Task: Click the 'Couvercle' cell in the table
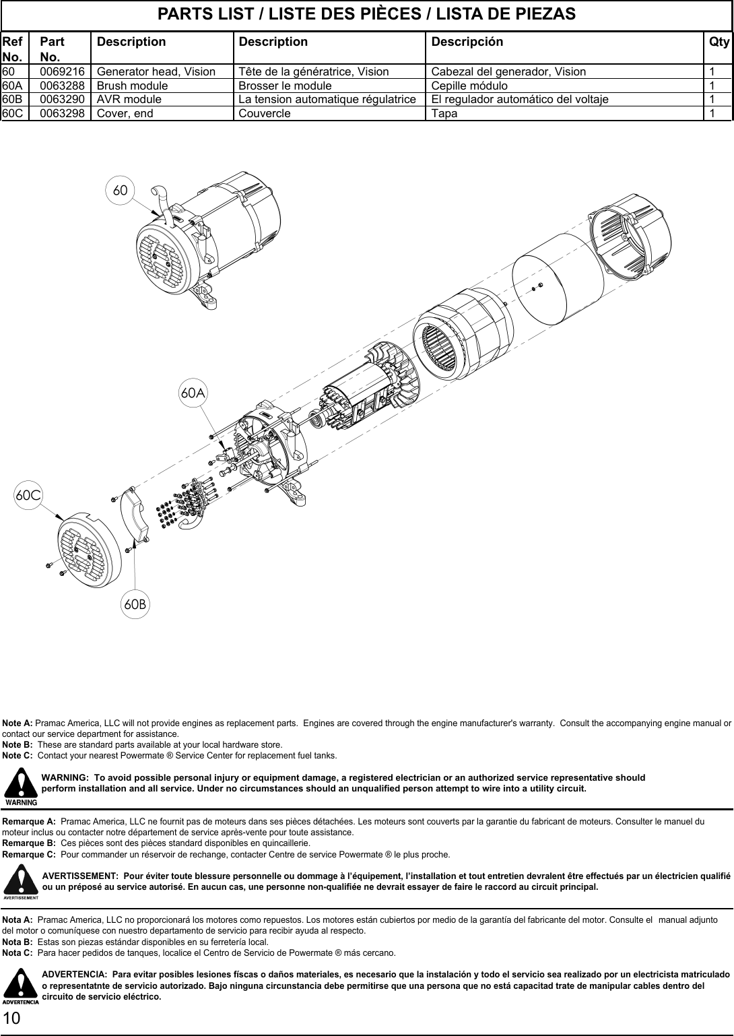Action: coord(265,113)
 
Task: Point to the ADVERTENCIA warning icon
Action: coord(22,986)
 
